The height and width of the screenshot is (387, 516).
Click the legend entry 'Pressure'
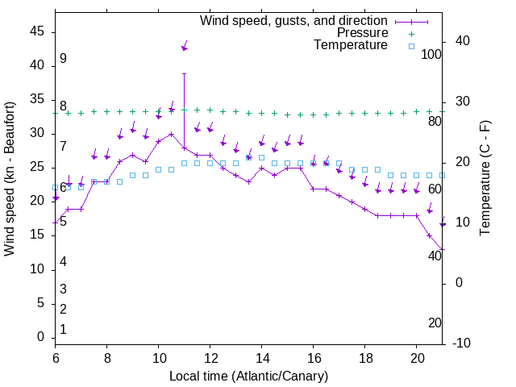click(x=362, y=33)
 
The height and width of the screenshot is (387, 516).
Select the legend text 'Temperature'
click(x=351, y=46)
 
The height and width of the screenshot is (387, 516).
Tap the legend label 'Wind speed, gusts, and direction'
click(x=293, y=20)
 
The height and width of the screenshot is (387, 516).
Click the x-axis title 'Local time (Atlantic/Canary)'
click(x=248, y=377)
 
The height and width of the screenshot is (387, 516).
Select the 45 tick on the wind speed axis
click(x=38, y=31)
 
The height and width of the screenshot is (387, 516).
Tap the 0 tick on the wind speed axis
click(x=42, y=337)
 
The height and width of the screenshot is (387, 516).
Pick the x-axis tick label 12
click(x=210, y=358)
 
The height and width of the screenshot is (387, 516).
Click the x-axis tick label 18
click(x=365, y=358)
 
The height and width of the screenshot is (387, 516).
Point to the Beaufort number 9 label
click(x=63, y=59)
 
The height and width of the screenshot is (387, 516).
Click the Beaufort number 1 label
click(x=63, y=330)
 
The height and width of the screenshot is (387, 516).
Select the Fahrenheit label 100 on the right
click(x=431, y=55)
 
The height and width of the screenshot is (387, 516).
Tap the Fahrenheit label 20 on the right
click(x=435, y=323)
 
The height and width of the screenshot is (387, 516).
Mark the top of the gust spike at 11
click(x=185, y=73)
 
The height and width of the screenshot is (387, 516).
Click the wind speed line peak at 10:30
click(x=172, y=134)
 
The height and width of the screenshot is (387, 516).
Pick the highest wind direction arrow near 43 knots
click(x=185, y=48)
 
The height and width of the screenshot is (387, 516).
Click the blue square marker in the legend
click(x=411, y=46)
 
